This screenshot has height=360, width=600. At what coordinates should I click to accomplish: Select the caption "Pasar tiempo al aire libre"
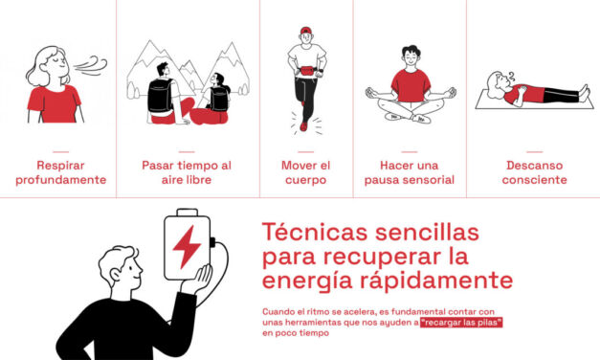pyautogui.click(x=187, y=171)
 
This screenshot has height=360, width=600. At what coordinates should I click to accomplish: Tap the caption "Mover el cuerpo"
pyautogui.click(x=305, y=171)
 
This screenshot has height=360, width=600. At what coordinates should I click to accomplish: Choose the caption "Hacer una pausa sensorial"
pyautogui.click(x=410, y=171)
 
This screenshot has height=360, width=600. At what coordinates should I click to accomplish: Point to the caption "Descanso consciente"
pyautogui.click(x=536, y=171)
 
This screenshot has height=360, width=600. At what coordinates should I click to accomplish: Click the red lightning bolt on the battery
pyautogui.click(x=186, y=247)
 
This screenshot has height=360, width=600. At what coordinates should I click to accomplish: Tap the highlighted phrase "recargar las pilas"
pyautogui.click(x=461, y=323)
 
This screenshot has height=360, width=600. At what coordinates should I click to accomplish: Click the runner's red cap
pyautogui.click(x=306, y=32)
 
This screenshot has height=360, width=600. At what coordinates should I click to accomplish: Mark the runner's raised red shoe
pyautogui.click(x=303, y=124)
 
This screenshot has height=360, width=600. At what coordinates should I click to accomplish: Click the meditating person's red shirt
pyautogui.click(x=410, y=84)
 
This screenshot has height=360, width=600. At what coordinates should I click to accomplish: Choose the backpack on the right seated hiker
pyautogui.click(x=221, y=97)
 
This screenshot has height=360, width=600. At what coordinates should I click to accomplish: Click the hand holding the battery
pyautogui.click(x=199, y=281)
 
